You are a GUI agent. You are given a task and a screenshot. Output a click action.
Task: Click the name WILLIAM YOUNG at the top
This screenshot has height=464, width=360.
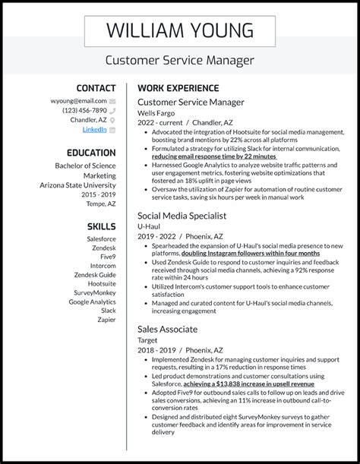pos(179,30)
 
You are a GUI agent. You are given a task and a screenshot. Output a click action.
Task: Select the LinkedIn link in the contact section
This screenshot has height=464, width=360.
pos(95,129)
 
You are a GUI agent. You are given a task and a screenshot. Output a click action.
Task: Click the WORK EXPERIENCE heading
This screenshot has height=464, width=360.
pos(178,88)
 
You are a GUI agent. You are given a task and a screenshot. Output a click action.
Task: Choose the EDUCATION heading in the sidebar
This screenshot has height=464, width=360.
pos(90,152)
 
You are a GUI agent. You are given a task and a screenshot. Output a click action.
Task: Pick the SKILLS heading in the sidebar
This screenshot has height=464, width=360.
pos(101,226)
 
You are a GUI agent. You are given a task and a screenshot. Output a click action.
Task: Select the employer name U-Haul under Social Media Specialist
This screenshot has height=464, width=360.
pos(151,226)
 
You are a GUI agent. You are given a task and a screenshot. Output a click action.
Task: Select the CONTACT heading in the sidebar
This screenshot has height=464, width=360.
pos(96,88)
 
